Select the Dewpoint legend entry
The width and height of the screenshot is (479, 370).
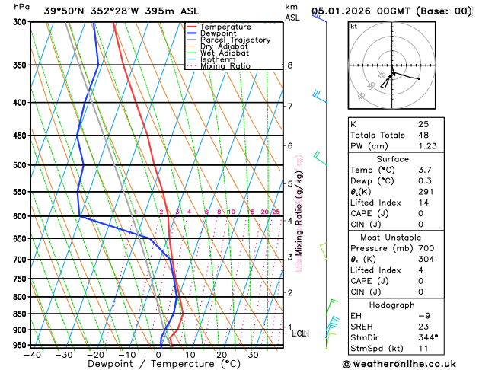pos(222,33)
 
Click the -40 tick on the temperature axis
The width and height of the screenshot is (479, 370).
pos(32,354)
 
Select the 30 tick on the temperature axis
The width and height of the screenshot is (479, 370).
pos(253,354)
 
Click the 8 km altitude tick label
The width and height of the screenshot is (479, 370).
pos(290,65)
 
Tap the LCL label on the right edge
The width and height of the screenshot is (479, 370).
pos(299,333)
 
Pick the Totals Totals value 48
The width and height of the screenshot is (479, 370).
pos(423,135)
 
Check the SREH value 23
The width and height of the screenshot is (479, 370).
pos(423,326)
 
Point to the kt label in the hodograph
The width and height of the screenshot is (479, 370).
pos(353,26)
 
